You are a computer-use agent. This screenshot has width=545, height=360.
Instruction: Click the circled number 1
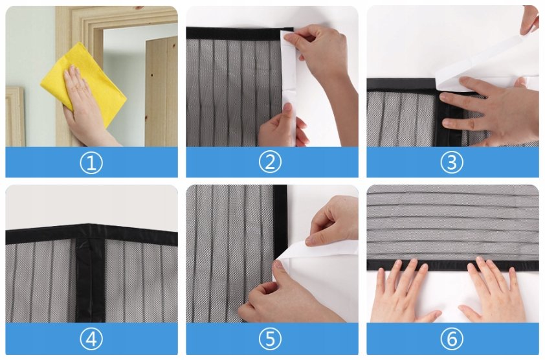tap(91, 163)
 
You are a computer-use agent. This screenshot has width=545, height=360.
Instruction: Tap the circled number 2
tap(270, 162)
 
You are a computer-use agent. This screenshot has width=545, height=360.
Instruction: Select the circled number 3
tap(452, 163)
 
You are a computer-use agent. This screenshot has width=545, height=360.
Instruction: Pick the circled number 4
tap(91, 339)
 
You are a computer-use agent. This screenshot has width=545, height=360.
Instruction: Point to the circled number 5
tap(271, 339)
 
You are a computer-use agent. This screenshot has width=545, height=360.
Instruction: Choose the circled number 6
tap(452, 339)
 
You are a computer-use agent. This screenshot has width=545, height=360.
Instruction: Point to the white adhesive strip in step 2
tap(289, 87)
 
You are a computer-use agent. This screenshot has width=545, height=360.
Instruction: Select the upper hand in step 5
tap(332, 223)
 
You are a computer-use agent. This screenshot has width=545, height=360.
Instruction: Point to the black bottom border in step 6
tap(452, 265)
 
